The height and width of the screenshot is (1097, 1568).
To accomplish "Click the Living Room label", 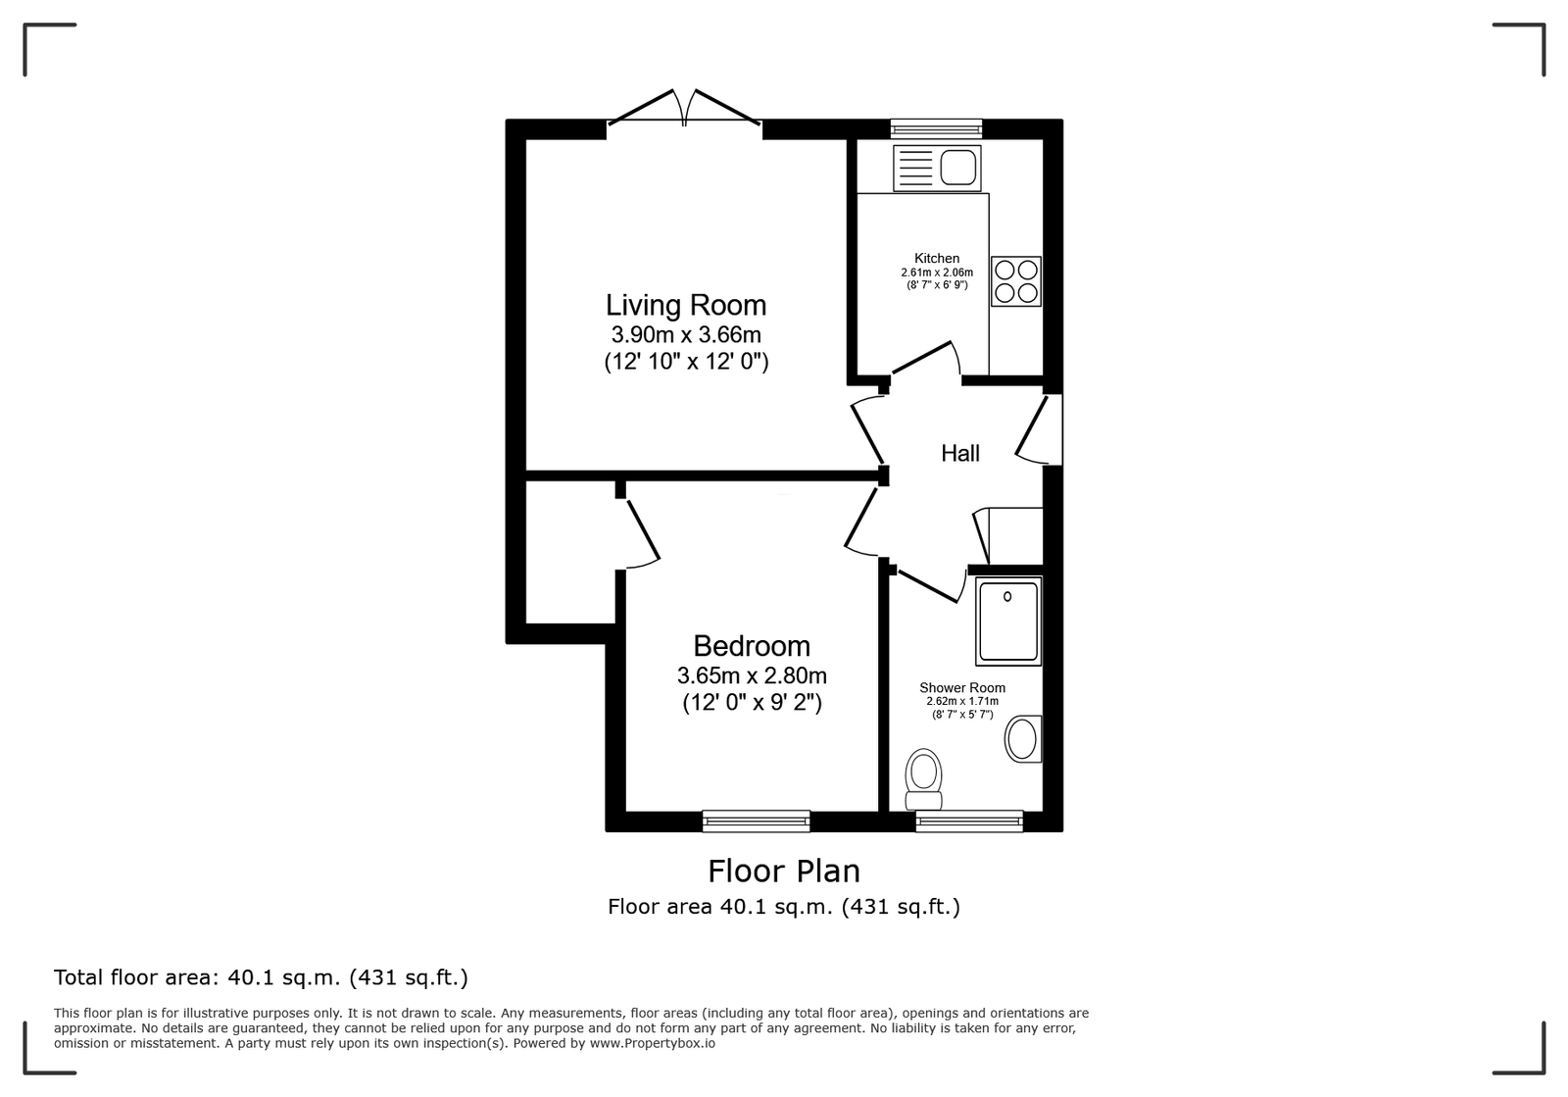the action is click(686, 306).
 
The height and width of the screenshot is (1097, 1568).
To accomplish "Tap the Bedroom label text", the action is click(752, 645).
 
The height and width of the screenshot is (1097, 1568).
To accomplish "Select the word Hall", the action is click(959, 454).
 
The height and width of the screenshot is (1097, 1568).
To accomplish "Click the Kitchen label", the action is click(937, 259).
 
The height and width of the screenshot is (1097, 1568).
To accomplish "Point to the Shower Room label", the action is click(961, 688).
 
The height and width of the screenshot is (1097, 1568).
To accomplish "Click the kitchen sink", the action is click(937, 168).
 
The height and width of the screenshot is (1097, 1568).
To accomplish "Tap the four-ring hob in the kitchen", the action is click(1015, 281).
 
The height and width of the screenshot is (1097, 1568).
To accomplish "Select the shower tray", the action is click(1008, 621).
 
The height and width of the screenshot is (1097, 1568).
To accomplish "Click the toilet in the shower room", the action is click(923, 780).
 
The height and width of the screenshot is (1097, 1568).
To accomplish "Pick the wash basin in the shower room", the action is click(1023, 738).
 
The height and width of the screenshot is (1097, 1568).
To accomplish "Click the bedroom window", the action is click(756, 821).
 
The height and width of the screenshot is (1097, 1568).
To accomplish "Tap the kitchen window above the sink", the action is click(936, 128).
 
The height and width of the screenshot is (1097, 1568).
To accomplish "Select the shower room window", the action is click(969, 821).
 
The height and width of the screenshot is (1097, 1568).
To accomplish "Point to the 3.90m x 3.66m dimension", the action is click(686, 334).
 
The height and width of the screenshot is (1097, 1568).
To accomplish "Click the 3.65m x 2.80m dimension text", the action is click(752, 675).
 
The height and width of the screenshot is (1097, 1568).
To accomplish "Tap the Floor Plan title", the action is click(784, 872).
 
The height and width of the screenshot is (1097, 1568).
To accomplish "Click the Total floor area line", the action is click(261, 977).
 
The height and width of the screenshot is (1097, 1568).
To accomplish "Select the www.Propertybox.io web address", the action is click(653, 1043).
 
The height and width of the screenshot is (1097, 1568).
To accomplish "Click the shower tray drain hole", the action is click(1007, 596).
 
